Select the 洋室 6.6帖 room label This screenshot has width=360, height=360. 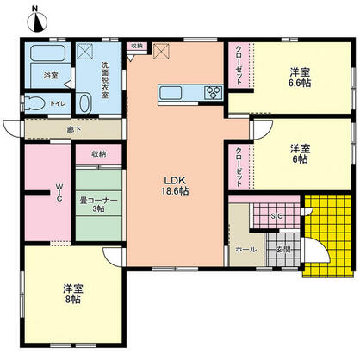coord(301,79)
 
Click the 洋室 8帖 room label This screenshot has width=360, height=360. coord(71,293)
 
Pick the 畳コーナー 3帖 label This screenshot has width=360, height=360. coord(97,204)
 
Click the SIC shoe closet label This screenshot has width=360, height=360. coord(277,216)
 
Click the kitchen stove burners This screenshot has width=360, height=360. coord(213,93)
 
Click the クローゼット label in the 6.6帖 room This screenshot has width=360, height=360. coord(239,65)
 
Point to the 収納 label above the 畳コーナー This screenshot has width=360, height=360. coord(97,154)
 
